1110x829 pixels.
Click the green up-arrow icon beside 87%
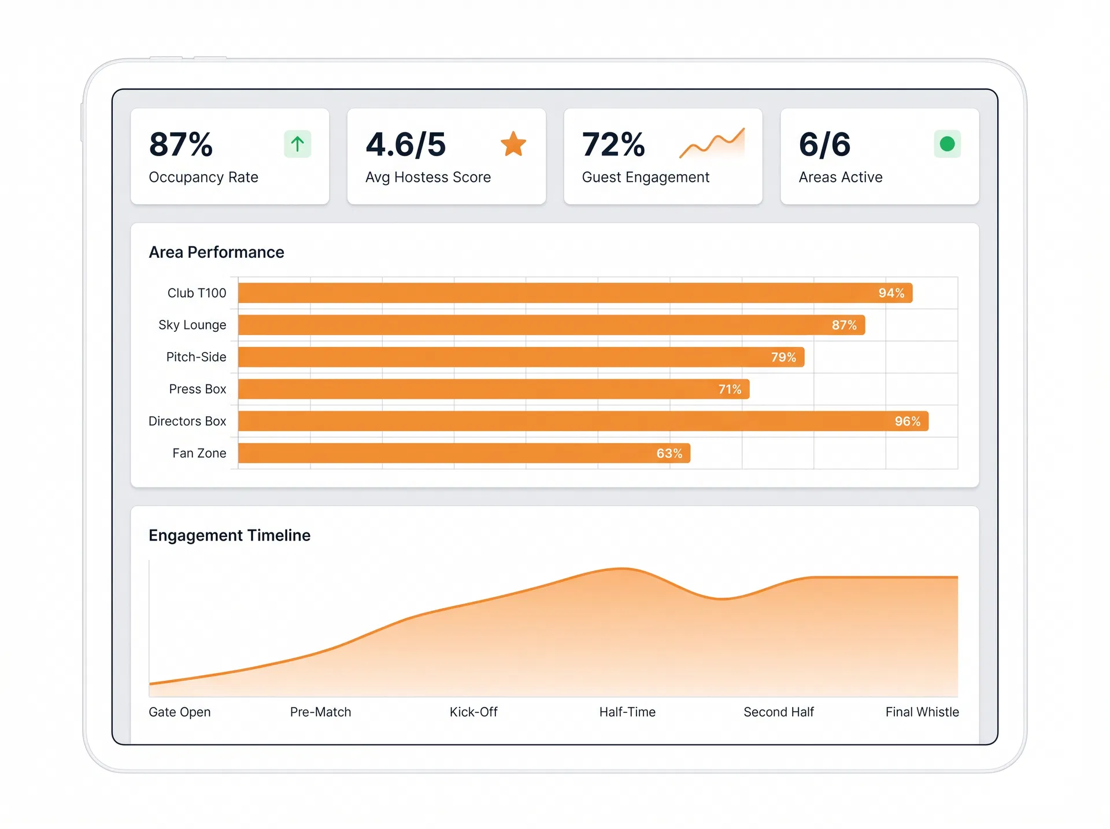(297, 144)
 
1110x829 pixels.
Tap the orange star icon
(513, 144)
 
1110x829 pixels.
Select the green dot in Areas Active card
(947, 144)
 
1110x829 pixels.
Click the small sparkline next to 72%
(712, 143)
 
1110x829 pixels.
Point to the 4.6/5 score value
(406, 145)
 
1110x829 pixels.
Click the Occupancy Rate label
(203, 177)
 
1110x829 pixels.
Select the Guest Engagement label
(645, 177)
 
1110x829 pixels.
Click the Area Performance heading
(216, 253)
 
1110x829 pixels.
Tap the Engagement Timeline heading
(230, 535)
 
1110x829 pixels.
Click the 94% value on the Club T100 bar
(891, 293)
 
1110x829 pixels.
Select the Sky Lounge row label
(192, 325)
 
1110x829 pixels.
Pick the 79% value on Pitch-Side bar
(783, 357)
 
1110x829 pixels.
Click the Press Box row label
(197, 389)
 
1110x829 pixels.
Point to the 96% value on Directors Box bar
(907, 421)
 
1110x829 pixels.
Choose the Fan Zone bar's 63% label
(669, 453)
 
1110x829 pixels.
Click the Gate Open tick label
(179, 712)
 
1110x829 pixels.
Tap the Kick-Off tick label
(473, 712)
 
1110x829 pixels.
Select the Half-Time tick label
(627, 712)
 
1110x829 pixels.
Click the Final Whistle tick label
(922, 712)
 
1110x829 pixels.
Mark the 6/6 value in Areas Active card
(824, 145)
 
